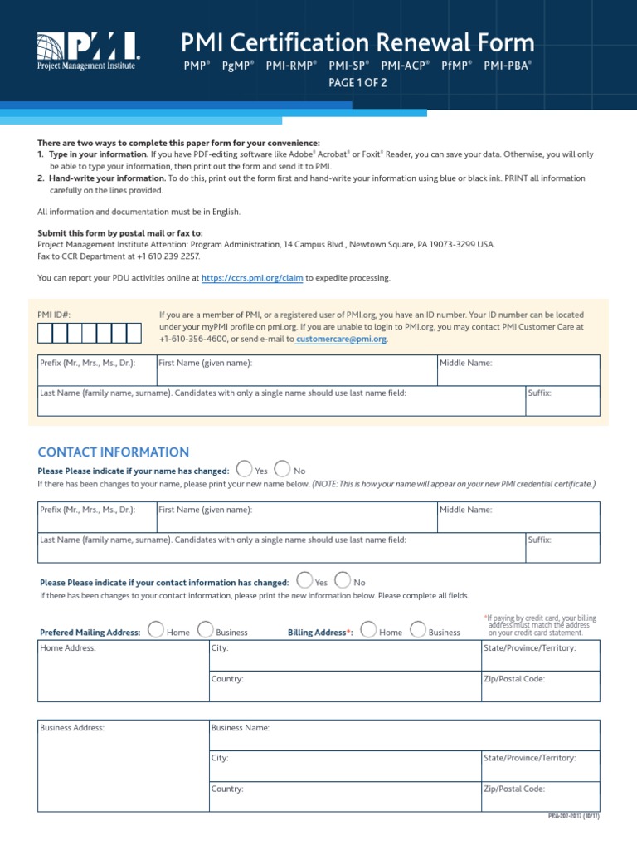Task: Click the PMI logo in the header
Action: pyautogui.click(x=88, y=51)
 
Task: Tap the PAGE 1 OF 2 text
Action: pyautogui.click(x=357, y=83)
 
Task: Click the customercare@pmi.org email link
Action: pyautogui.click(x=341, y=340)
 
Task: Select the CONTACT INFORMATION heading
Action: pyautogui.click(x=114, y=452)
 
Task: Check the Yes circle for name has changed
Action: pyautogui.click(x=245, y=470)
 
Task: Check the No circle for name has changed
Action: pyautogui.click(x=282, y=470)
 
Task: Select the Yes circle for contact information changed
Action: pyautogui.click(x=304, y=581)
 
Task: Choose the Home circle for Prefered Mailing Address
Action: pyautogui.click(x=155, y=631)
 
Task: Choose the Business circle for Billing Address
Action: pyautogui.click(x=418, y=631)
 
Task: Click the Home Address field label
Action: pyautogui.click(x=68, y=648)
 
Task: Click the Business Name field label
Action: pyautogui.click(x=241, y=728)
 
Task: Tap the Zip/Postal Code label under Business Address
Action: pyautogui.click(x=513, y=789)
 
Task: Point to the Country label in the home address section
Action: pyautogui.click(x=227, y=679)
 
